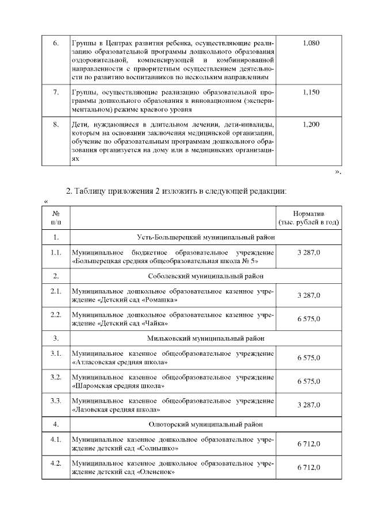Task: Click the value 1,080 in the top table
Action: tap(310, 43)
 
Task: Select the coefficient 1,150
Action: tap(310, 92)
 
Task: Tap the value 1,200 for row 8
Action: tap(310, 125)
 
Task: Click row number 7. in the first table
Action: tap(56, 92)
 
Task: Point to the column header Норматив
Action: tap(309, 213)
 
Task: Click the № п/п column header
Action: tap(56, 217)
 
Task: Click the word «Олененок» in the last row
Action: tap(157, 472)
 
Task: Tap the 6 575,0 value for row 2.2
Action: tap(309, 319)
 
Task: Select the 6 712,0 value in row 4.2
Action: tap(309, 468)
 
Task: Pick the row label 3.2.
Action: tap(56, 377)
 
